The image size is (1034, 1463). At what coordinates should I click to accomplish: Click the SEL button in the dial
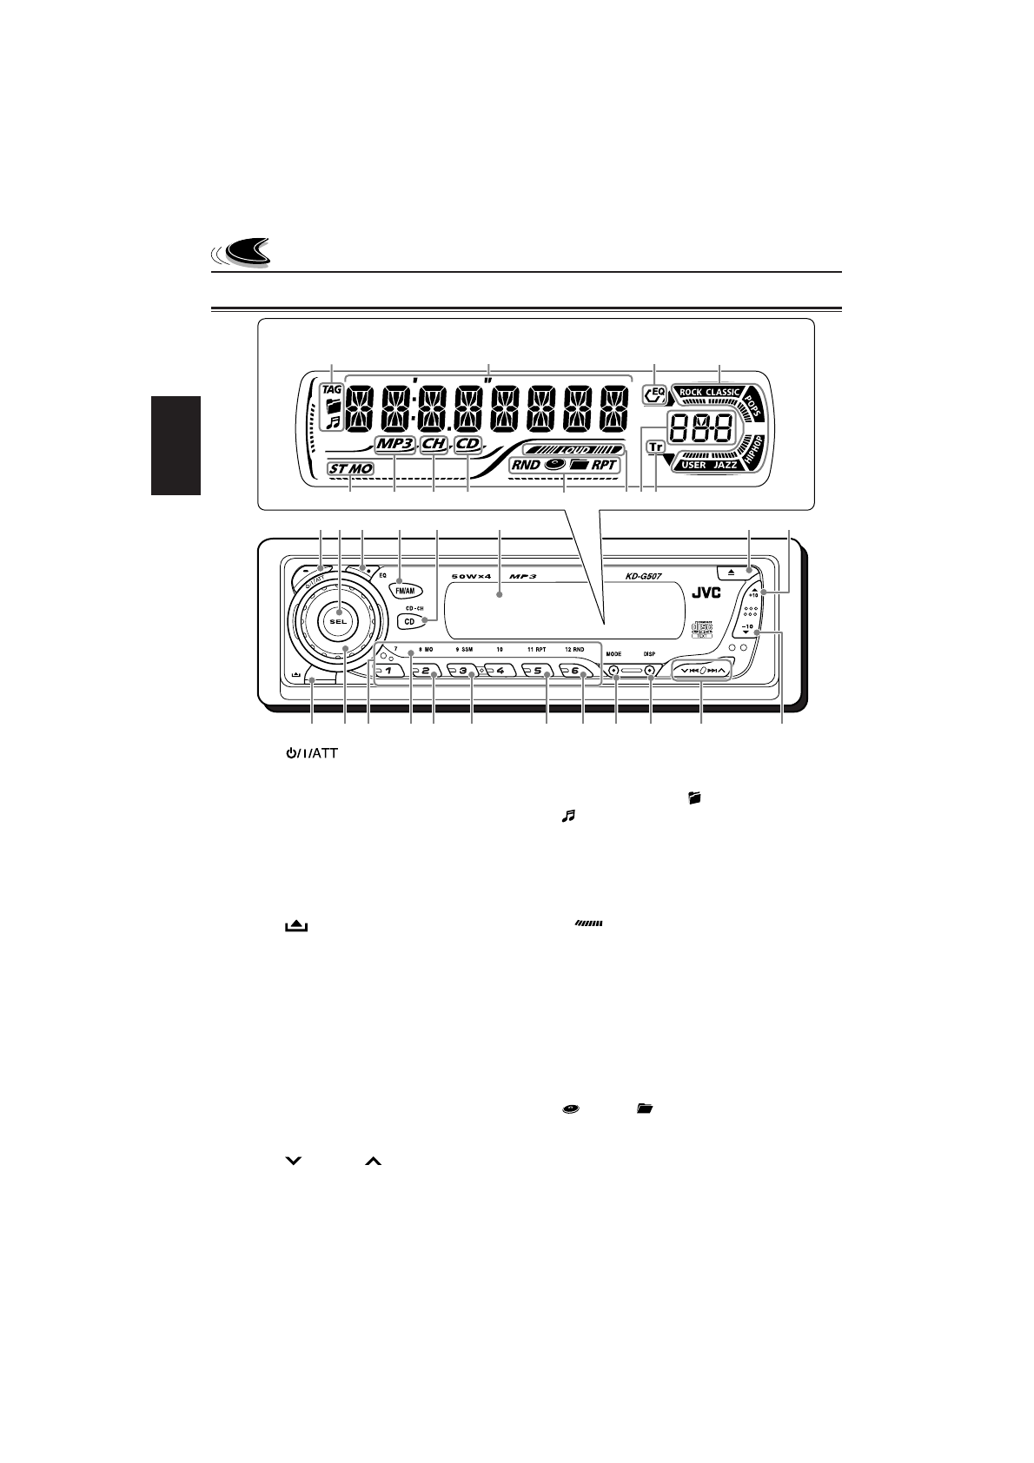(x=338, y=621)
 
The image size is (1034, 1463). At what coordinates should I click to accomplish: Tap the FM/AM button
(x=407, y=586)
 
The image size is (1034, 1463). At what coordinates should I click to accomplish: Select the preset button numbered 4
(x=500, y=671)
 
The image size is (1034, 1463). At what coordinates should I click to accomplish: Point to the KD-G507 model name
(x=645, y=574)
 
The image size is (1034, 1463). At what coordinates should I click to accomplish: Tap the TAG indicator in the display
(x=331, y=389)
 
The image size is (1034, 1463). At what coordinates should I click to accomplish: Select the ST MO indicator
(x=350, y=468)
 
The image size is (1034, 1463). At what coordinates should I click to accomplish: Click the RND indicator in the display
(x=525, y=464)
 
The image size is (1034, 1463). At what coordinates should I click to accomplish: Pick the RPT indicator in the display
(x=605, y=464)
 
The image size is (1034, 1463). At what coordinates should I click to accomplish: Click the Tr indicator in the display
(x=655, y=447)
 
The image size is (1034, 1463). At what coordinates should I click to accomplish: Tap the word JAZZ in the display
(x=725, y=466)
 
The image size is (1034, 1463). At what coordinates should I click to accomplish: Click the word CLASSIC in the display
(x=723, y=392)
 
